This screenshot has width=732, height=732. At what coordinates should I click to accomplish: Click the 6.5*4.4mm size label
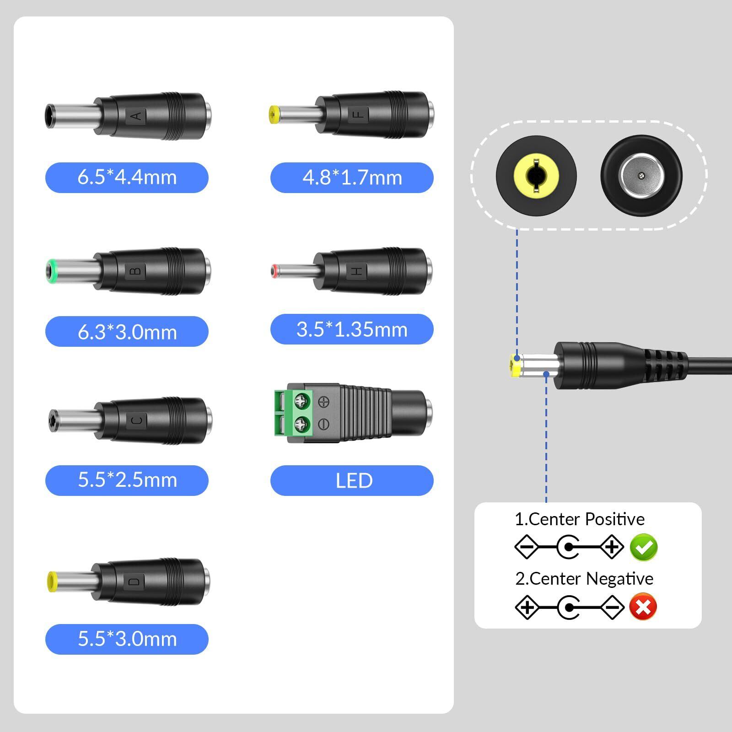[x=127, y=178]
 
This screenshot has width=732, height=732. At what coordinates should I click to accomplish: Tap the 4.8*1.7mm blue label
[x=352, y=178]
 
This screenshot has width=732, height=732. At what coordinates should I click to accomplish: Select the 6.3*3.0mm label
[x=127, y=332]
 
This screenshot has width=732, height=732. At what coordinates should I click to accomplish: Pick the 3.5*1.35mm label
[x=352, y=329]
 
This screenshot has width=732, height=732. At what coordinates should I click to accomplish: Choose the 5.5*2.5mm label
[x=127, y=480]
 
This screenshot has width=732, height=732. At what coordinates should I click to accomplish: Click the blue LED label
[x=352, y=480]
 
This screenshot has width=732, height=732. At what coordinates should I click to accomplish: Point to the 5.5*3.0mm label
[x=127, y=639]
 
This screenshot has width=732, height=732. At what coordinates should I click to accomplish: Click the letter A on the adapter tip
[x=136, y=116]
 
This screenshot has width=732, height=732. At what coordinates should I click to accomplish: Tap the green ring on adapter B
[x=51, y=271]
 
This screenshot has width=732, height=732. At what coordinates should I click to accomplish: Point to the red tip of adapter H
[x=274, y=272]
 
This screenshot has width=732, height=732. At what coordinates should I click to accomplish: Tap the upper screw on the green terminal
[x=301, y=402]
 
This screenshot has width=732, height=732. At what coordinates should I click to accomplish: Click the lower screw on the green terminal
[x=301, y=424]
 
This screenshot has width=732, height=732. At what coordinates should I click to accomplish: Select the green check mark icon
[x=644, y=547]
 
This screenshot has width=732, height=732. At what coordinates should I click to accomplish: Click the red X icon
[x=643, y=607]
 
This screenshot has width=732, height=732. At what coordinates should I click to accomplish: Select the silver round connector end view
[x=641, y=175]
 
